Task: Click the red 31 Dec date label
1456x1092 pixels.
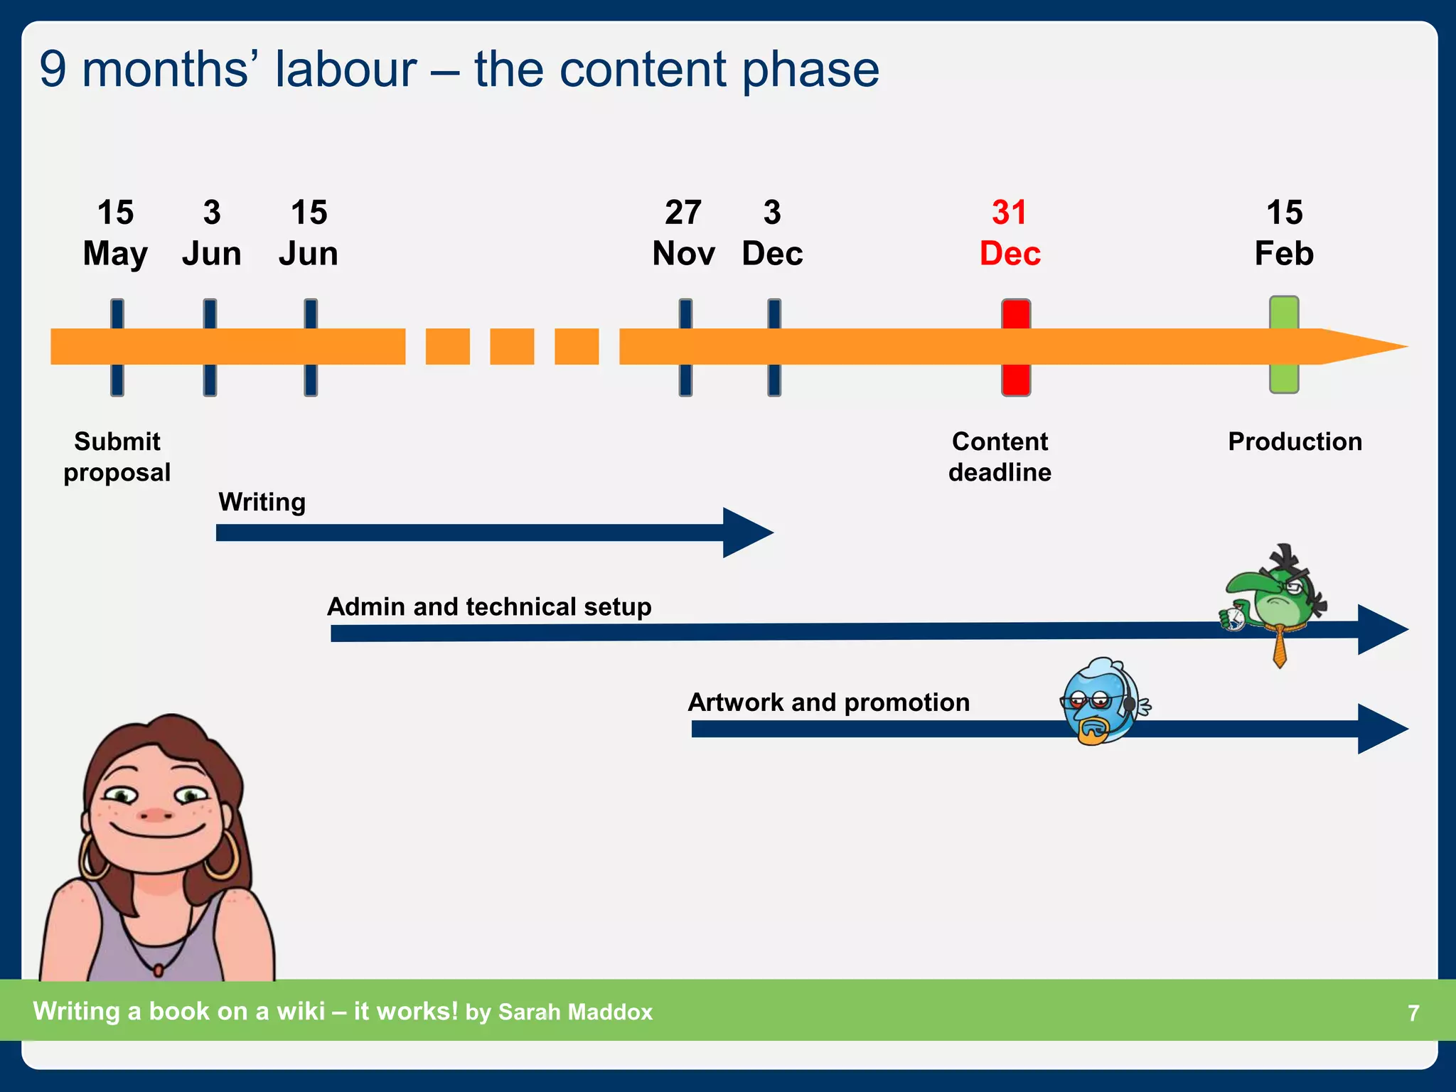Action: tap(1010, 233)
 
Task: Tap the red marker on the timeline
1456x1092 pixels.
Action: tap(1016, 347)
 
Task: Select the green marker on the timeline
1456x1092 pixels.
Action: tap(1284, 345)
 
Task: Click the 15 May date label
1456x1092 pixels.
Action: tap(115, 233)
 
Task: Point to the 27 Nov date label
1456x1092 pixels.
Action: tap(683, 233)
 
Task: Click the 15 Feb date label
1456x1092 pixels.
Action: tap(1284, 233)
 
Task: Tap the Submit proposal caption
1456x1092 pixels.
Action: tap(117, 456)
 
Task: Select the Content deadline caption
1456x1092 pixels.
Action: tap(1000, 456)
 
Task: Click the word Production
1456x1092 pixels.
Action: tap(1295, 441)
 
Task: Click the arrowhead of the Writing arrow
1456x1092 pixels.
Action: tap(746, 532)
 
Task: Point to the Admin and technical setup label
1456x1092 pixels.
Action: tap(489, 606)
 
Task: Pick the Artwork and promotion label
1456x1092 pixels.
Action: tap(828, 702)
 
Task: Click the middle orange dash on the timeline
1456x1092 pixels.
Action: tap(512, 347)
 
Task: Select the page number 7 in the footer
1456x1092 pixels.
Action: tap(1413, 1012)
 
